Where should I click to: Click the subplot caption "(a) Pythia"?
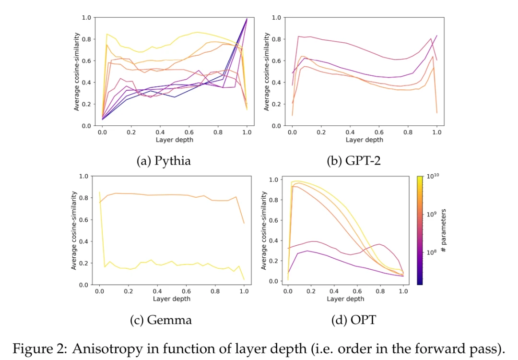(164, 161)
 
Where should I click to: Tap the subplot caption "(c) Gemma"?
(161, 320)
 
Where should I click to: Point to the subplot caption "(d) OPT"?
(353, 320)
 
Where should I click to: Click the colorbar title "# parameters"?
(445, 231)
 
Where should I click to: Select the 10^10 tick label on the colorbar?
(433, 177)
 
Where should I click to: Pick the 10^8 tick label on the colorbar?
(432, 252)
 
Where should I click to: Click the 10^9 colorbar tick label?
(432, 215)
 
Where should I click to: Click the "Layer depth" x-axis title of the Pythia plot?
(174, 140)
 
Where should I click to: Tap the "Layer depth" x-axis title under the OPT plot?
(345, 299)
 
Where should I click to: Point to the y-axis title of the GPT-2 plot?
(267, 72)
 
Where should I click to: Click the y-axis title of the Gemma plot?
(75, 230)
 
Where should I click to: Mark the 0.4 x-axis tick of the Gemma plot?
(157, 291)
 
